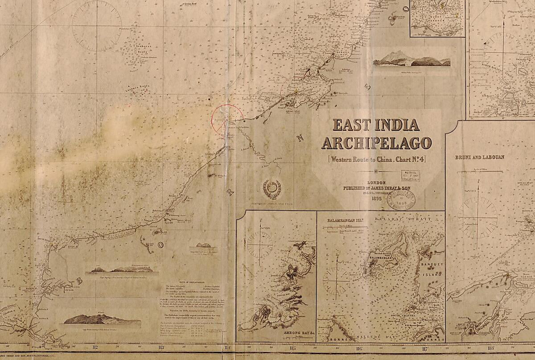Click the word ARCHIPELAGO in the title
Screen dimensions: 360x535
pyautogui.click(x=377, y=143)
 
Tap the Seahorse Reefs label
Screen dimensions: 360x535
pyautogui.click(x=142, y=51)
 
